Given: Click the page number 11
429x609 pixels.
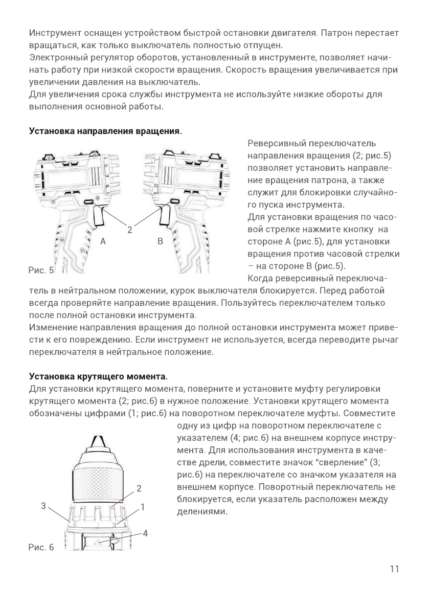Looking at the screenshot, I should pyautogui.click(x=393, y=569).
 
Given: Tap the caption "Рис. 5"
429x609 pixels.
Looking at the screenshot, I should pyautogui.click(x=41, y=269).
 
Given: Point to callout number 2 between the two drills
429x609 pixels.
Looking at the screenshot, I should pyautogui.click(x=130, y=230).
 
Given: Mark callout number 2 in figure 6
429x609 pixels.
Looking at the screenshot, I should pyautogui.click(x=139, y=487).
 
